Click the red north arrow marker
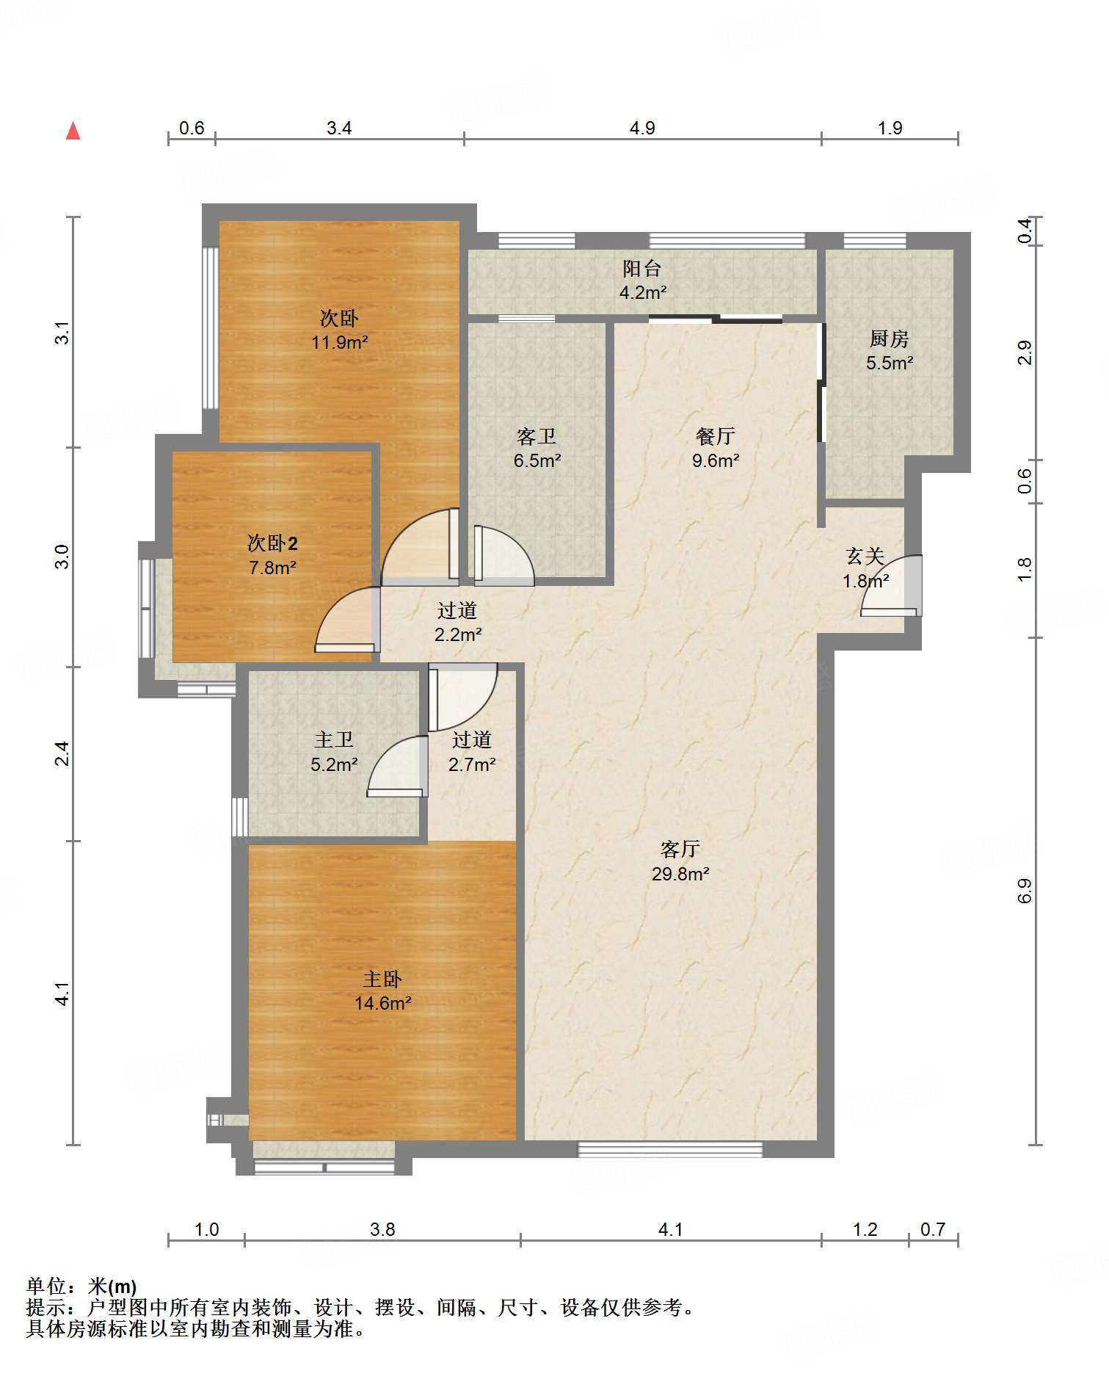(x=73, y=131)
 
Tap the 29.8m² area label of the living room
(x=680, y=874)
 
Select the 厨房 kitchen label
(x=890, y=339)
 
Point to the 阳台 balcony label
(x=642, y=269)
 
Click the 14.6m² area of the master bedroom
(x=382, y=1003)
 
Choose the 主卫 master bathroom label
(x=334, y=740)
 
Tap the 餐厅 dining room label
(x=716, y=436)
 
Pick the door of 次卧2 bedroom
(x=348, y=620)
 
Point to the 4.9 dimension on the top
(x=642, y=129)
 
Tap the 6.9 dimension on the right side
(x=1025, y=891)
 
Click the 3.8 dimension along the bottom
(x=382, y=1229)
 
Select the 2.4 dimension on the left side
(x=62, y=754)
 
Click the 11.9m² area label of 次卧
(x=339, y=342)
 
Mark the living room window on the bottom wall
(x=670, y=1149)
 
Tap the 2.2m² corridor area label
(x=458, y=634)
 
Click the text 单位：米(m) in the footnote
(x=81, y=1286)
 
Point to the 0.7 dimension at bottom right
(x=933, y=1229)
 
